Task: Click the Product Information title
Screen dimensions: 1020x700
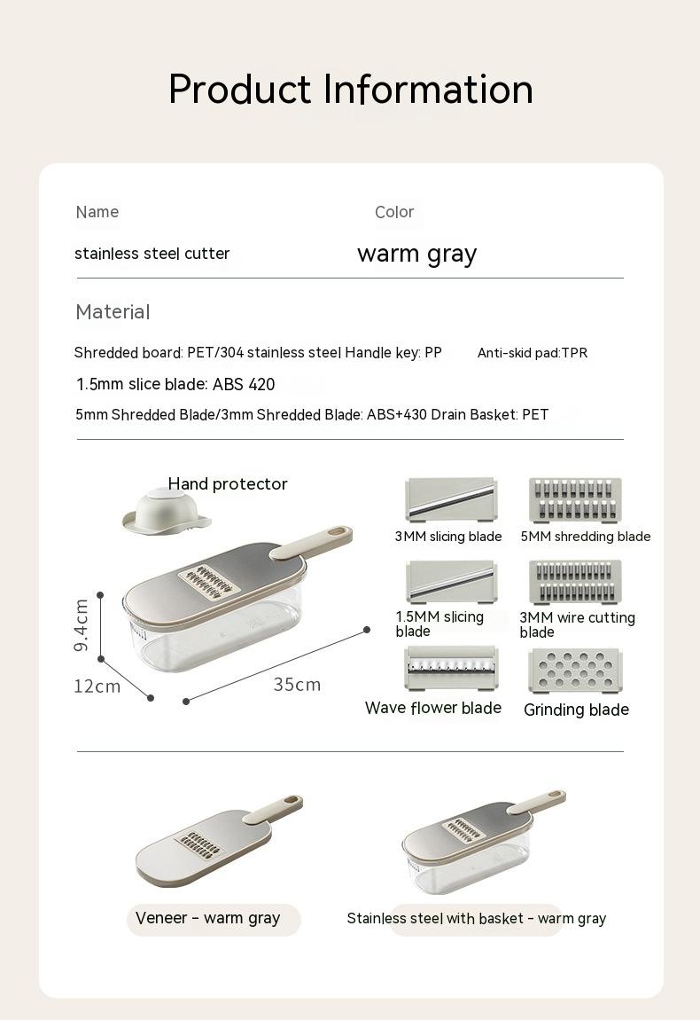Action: tap(350, 90)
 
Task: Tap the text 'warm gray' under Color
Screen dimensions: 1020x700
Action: tap(416, 254)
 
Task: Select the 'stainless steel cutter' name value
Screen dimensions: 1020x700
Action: tap(152, 254)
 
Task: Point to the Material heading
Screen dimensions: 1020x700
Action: tap(113, 312)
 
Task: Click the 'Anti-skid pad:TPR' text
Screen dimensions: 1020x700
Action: tap(532, 353)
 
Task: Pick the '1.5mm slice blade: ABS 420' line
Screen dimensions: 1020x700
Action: tap(175, 385)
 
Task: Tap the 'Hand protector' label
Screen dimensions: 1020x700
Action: tap(228, 484)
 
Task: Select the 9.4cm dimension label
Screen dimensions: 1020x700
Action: tap(81, 625)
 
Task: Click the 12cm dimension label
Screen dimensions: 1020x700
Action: tap(97, 687)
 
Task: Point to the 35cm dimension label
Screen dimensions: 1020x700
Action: tap(297, 685)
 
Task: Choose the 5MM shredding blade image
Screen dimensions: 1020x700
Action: tap(575, 500)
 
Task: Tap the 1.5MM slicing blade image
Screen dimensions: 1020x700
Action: tap(451, 582)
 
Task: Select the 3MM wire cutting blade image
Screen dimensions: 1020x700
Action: tap(575, 582)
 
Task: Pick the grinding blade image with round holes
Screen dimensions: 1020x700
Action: tap(575, 670)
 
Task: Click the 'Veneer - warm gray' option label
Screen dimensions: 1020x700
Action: tap(208, 919)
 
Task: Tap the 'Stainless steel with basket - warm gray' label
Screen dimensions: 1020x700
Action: tap(477, 919)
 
